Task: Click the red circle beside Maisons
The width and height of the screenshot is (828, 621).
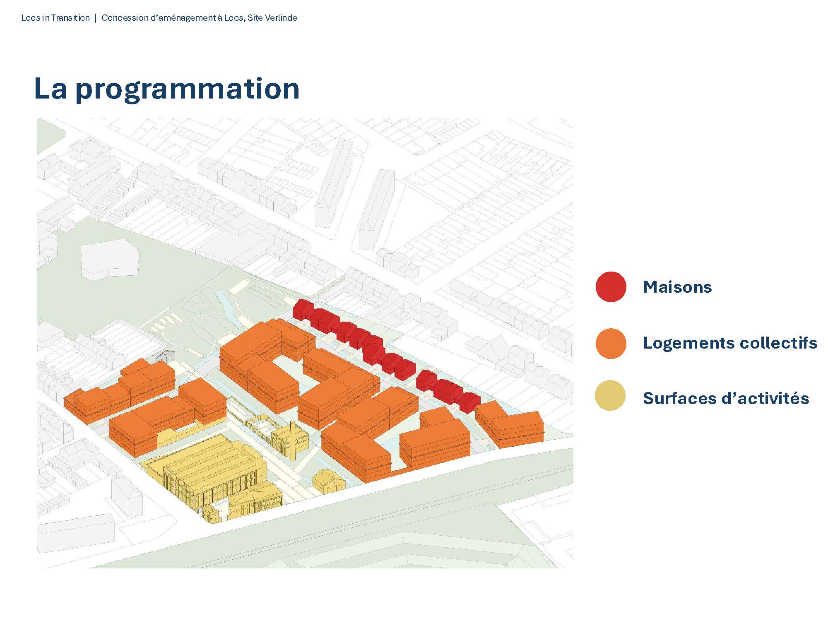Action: click(x=611, y=286)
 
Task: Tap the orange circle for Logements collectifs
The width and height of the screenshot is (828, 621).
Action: click(x=611, y=343)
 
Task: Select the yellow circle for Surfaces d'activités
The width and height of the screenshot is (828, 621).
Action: click(x=610, y=395)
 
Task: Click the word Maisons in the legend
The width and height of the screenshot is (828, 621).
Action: click(x=677, y=287)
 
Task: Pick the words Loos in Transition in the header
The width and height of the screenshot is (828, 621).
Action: click(x=55, y=18)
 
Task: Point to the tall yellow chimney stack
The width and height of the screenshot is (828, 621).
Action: click(x=293, y=440)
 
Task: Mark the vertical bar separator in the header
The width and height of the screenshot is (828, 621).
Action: click(x=96, y=18)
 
